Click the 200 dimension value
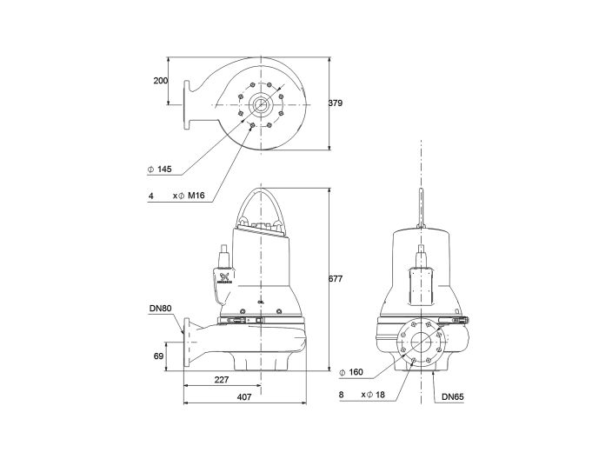160,80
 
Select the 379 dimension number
336,103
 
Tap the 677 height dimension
336,279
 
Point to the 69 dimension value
159,356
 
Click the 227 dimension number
223,379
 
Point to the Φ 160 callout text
351,373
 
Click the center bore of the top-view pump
261,104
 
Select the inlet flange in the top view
187,104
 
